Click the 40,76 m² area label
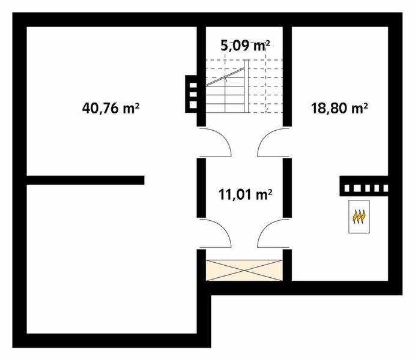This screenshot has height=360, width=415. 111,109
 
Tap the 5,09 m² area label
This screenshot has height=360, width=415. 244,46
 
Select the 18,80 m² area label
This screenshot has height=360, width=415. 339,109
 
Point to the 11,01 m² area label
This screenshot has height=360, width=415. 244,194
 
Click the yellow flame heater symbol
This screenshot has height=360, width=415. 359,216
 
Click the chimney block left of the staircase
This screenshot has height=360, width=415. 192,94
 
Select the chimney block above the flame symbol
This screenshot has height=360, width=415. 364,187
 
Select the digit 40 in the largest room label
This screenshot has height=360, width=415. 90,109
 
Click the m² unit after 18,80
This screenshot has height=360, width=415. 359,108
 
